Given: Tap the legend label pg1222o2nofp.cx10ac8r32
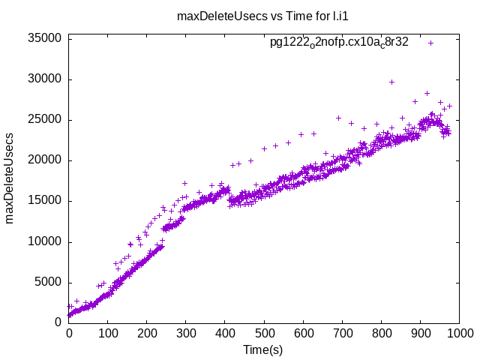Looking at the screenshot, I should pos(339,42).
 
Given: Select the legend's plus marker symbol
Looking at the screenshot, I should pos(431,43).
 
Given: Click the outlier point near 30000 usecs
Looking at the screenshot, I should pos(391,82).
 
